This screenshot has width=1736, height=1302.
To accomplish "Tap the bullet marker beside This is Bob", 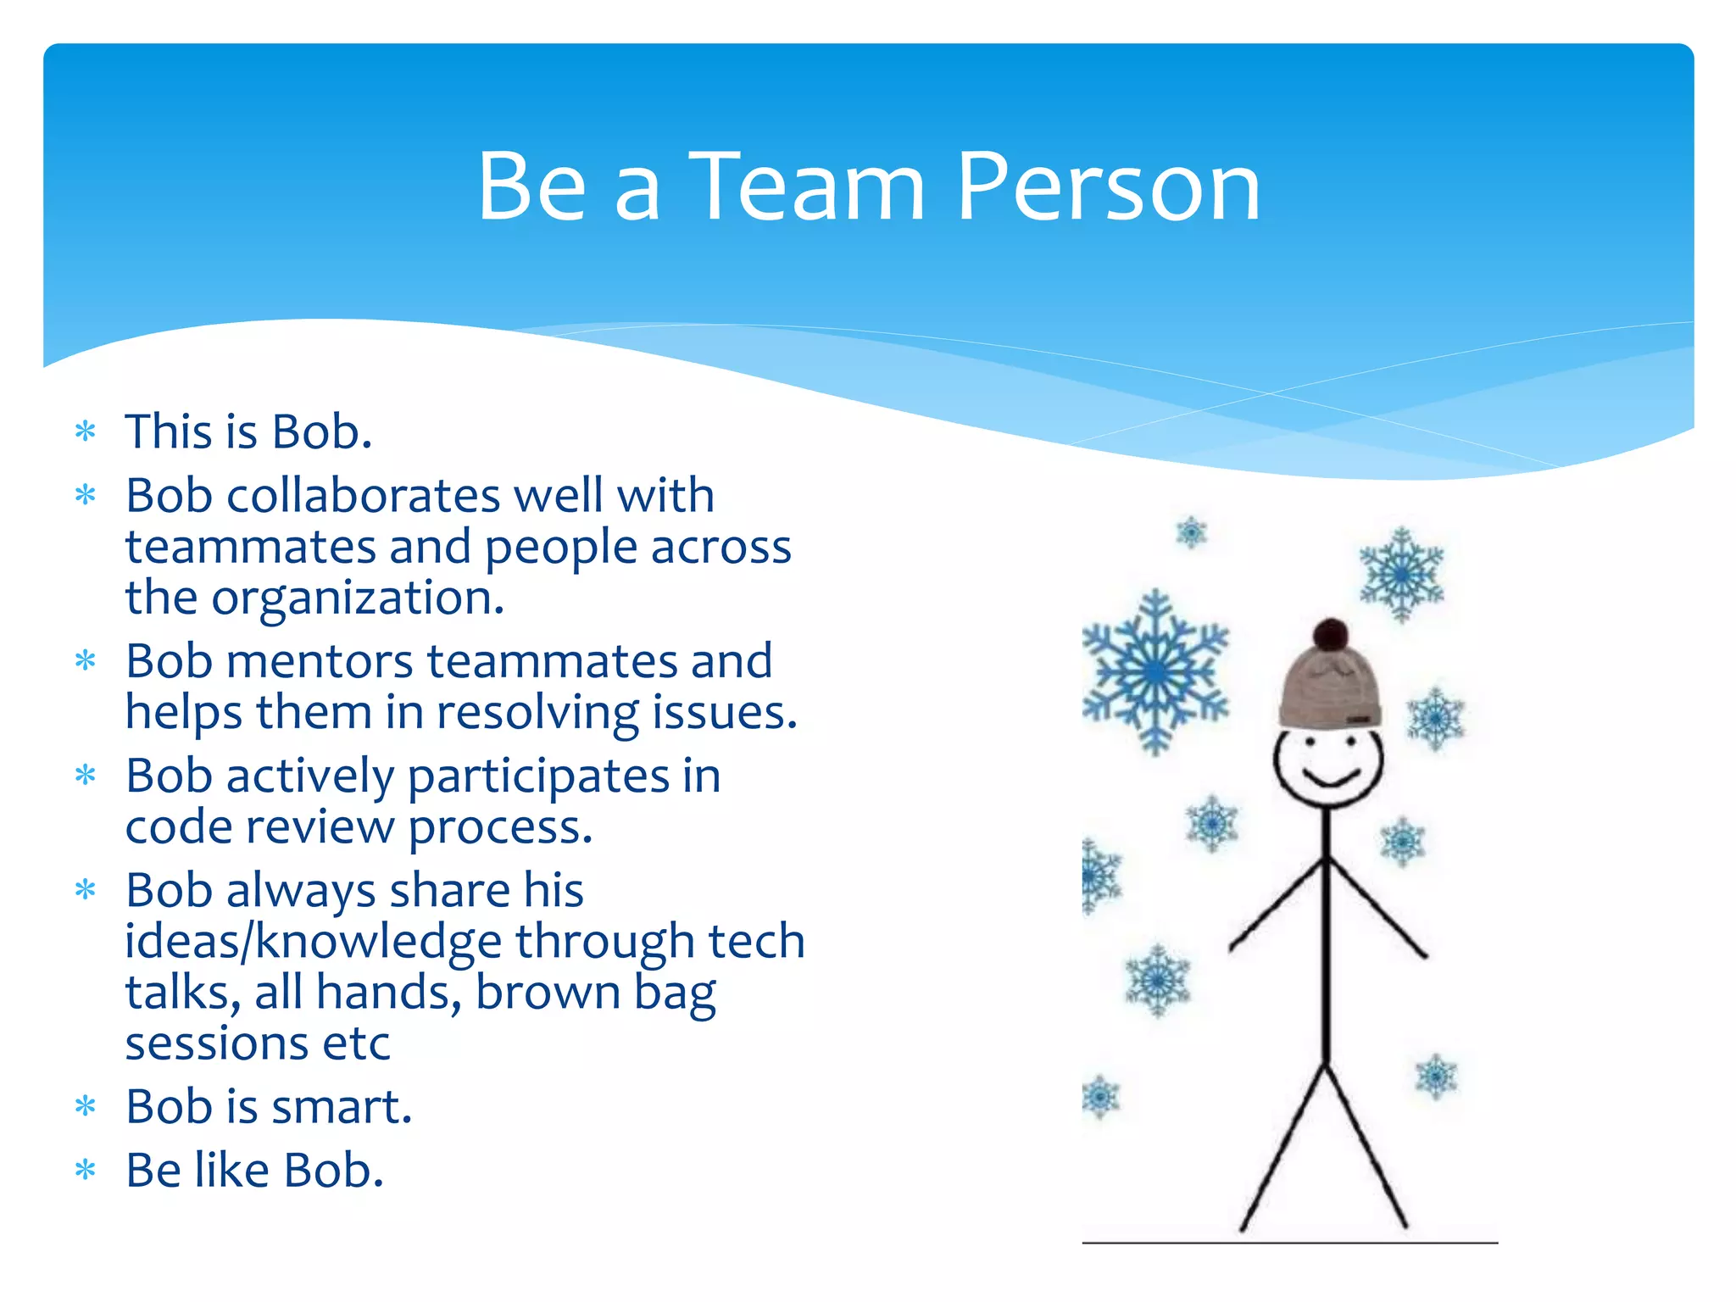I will [86, 431].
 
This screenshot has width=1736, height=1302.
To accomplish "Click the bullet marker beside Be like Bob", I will [86, 1171].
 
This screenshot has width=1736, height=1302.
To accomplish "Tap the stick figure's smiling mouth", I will [1331, 777].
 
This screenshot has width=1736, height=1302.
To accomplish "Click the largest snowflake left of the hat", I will [1155, 671].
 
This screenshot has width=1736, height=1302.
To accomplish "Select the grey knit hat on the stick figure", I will [1329, 688].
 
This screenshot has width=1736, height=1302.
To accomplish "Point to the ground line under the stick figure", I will [1288, 1243].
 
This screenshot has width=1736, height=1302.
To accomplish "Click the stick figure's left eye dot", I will [1310, 742].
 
